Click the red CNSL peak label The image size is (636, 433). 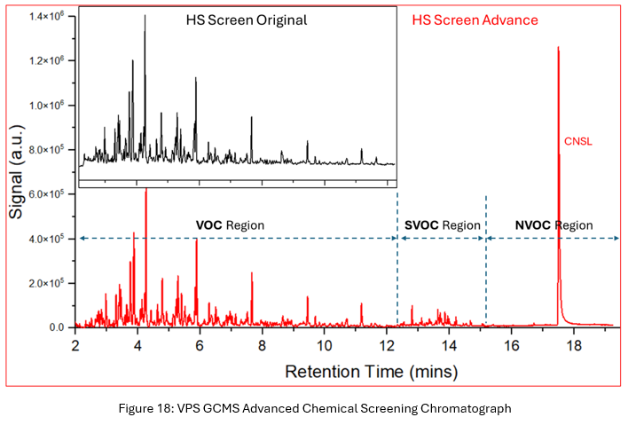tap(577, 140)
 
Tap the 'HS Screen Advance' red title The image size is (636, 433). tap(475, 20)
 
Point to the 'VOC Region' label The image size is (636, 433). tap(230, 225)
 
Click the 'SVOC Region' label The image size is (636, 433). tap(442, 225)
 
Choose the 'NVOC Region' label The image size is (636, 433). tap(554, 225)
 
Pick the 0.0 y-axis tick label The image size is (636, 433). tap(56, 327)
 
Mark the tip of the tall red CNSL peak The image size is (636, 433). tap(558, 48)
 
